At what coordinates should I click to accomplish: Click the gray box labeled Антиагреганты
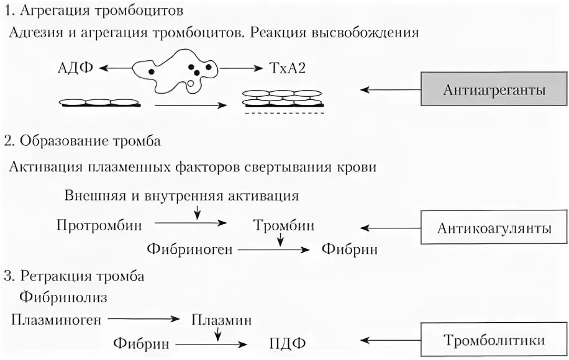tap(494, 91)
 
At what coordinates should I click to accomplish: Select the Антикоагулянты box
tap(494, 228)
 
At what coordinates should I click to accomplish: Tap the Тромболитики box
tap(494, 340)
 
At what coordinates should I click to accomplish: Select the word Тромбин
tap(283, 225)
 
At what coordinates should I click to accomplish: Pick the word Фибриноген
tap(189, 250)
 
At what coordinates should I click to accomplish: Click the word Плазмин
tap(221, 320)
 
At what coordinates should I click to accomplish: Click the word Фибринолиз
tap(63, 297)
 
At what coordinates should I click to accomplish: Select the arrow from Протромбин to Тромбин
tap(190, 222)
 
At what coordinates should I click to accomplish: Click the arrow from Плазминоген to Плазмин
tap(143, 319)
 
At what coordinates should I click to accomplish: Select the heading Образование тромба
tap(91, 141)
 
